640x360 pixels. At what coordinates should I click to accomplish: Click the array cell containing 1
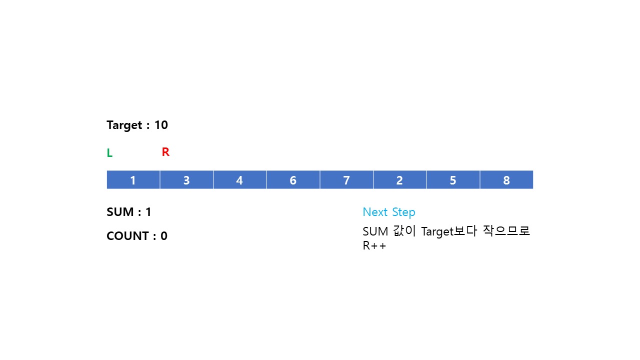click(133, 180)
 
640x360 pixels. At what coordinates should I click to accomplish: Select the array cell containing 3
click(186, 180)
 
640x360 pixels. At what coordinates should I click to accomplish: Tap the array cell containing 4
click(239, 180)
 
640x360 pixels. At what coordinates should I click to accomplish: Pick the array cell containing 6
click(293, 180)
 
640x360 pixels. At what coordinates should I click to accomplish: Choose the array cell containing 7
click(346, 180)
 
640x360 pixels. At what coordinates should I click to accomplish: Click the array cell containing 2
click(399, 180)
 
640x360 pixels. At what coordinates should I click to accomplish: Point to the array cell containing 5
click(453, 180)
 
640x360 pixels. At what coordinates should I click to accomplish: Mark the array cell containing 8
click(506, 180)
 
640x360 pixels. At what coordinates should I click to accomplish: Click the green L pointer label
click(109, 153)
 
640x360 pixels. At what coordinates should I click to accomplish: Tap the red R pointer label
click(165, 152)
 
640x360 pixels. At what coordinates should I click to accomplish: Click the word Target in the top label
click(124, 125)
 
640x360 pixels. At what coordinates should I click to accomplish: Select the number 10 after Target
click(161, 125)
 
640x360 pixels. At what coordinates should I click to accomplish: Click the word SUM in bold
click(120, 212)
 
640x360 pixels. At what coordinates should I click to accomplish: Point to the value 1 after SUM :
click(148, 212)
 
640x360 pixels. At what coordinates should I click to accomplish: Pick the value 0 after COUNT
click(164, 236)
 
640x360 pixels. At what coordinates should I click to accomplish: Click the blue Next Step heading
click(389, 212)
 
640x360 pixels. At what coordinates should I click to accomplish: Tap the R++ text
click(374, 246)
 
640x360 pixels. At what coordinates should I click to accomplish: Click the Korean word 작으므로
click(506, 231)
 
